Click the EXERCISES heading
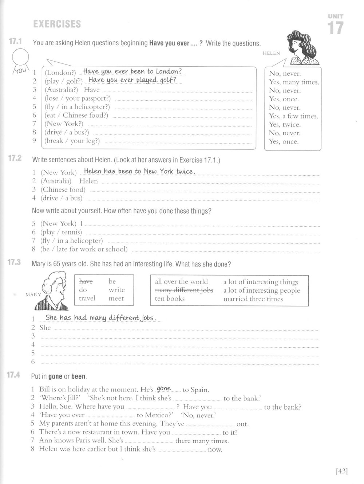[57, 24]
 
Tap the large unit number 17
[335, 28]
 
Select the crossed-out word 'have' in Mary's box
[86, 281]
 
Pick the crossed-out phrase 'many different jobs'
[184, 290]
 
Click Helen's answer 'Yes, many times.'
[294, 82]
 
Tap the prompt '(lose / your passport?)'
[78, 98]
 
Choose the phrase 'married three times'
[253, 299]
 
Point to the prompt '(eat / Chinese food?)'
[76, 116]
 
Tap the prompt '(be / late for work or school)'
[84, 249]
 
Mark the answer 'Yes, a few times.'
[293, 116]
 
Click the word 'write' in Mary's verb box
[116, 290]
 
